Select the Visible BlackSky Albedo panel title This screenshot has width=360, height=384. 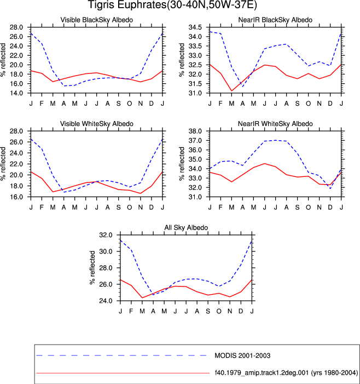pos(97,20)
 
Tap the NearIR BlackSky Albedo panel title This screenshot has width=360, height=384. pos(275,20)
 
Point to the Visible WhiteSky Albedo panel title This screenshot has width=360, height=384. pos(97,124)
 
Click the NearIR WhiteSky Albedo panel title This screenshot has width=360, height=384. pos(275,124)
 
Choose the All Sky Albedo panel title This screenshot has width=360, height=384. pos(186,227)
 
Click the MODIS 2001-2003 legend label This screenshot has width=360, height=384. pos(242,356)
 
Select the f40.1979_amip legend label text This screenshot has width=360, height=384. pos(286,372)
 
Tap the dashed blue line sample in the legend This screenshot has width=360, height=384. pos(121,356)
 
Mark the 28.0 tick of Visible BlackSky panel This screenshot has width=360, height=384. pos(16,27)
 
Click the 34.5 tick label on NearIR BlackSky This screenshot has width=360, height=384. pos(195,27)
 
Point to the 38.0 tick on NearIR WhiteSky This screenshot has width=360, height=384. pos(195,131)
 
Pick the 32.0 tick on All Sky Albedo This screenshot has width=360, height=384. pos(106,235)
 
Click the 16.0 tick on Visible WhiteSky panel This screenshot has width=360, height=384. pos(16,197)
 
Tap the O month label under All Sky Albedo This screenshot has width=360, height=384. pos(219,311)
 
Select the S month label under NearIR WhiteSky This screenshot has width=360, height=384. pos(298,208)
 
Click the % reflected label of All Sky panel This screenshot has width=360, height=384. pos(92,267)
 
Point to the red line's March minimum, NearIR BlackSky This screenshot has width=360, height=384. pos(231,91)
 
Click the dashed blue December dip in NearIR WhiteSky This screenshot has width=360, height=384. pos(330,188)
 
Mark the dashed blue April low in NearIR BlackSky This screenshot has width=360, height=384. pos(242,87)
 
